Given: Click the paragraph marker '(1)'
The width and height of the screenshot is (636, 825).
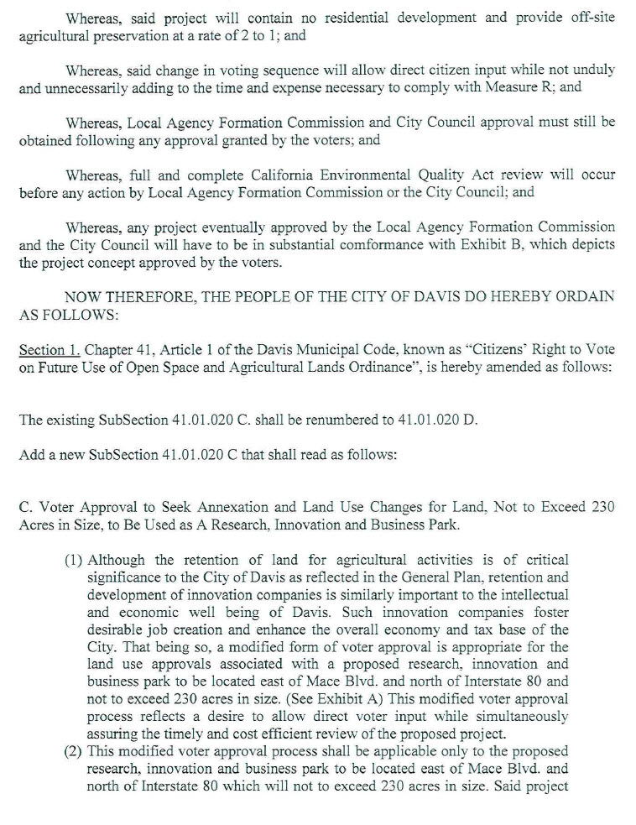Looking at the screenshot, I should click(74, 560).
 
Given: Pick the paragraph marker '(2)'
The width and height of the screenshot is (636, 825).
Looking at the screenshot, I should click(74, 750).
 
